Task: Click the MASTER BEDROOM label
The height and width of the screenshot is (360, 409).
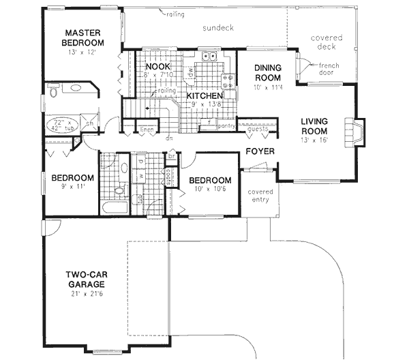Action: (x=83, y=37)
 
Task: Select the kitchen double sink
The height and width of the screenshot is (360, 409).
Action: (x=212, y=57)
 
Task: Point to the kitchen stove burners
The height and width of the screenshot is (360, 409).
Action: (x=232, y=82)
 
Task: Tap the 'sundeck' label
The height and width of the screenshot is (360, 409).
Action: (x=217, y=29)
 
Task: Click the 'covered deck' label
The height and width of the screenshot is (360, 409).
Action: (x=322, y=43)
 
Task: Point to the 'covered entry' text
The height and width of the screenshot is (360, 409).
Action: (x=260, y=196)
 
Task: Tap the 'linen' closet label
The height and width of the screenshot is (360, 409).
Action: (x=147, y=130)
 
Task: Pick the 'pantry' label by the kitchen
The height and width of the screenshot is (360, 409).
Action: (x=226, y=126)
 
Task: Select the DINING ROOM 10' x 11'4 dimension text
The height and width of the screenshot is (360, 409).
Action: (x=267, y=87)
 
